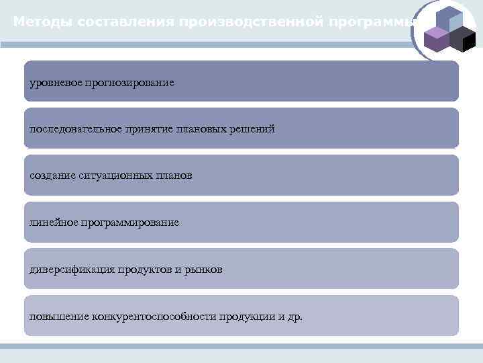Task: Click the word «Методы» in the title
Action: click(42, 22)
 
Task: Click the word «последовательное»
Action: click(71, 128)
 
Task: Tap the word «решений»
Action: click(253, 128)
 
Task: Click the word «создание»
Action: click(50, 175)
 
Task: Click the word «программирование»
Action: click(130, 222)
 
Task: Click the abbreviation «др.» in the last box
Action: click(294, 316)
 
